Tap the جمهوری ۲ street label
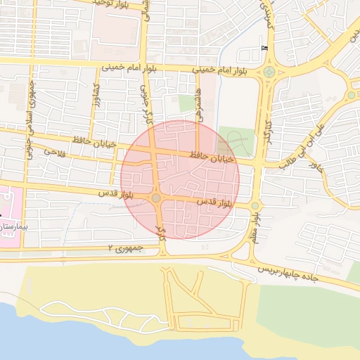120,248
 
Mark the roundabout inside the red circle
155,199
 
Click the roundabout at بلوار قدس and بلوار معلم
255,206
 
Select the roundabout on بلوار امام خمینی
269,72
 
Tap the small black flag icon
264,47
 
